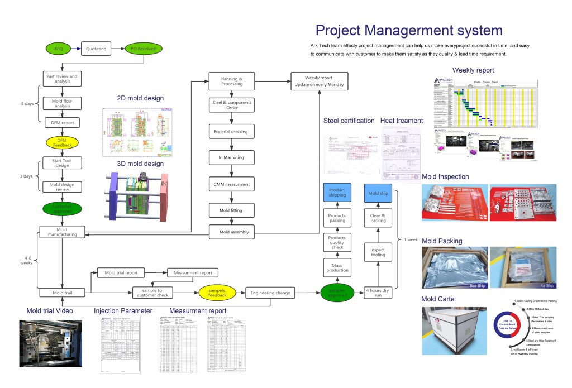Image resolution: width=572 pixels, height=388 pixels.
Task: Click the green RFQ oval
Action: (x=59, y=49)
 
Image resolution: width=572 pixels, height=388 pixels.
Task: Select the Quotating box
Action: (x=96, y=49)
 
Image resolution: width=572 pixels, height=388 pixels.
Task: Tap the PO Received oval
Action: (x=143, y=49)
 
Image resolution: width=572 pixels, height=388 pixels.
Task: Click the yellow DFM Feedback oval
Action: (x=63, y=142)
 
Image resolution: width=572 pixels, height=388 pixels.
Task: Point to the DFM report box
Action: (x=63, y=122)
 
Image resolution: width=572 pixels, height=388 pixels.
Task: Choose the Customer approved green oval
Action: (x=63, y=208)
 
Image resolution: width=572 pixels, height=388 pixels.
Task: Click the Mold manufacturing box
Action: (x=62, y=232)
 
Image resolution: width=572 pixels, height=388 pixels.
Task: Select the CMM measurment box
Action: (x=232, y=184)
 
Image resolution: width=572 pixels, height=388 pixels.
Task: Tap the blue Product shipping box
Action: (x=337, y=193)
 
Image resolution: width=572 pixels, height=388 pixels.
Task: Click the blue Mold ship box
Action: (x=378, y=193)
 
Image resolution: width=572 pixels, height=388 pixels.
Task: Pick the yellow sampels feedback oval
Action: (x=218, y=292)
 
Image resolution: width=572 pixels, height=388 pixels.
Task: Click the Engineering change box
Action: (x=270, y=292)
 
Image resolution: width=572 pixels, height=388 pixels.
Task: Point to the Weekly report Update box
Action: (x=320, y=81)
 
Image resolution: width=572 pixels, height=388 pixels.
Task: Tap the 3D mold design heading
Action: (x=140, y=164)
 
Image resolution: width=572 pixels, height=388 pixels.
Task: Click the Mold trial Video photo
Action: (x=50, y=343)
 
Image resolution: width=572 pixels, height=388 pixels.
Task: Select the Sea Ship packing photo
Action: (x=452, y=269)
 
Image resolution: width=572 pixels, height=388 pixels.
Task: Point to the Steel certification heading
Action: (x=349, y=121)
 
